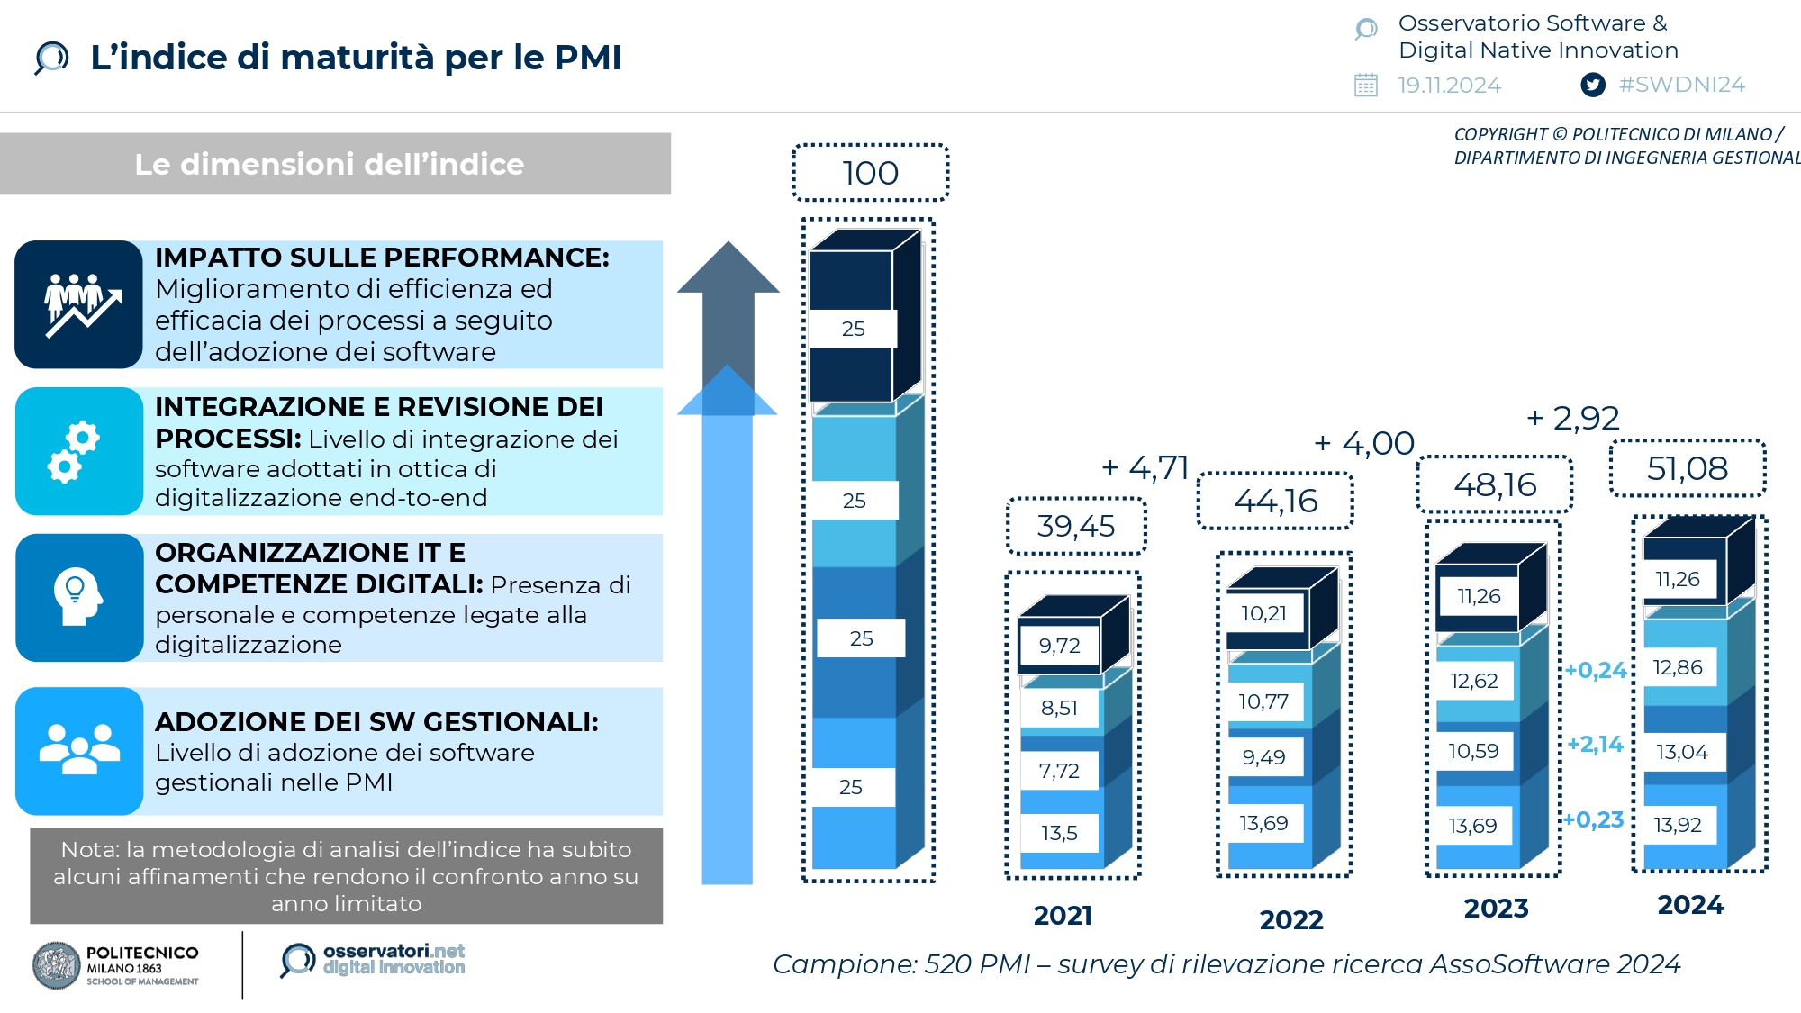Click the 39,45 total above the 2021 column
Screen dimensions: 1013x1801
(x=1076, y=526)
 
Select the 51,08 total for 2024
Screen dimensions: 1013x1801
(x=1688, y=468)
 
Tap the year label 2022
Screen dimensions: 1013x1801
(x=1291, y=919)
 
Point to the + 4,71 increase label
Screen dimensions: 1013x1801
(x=1145, y=467)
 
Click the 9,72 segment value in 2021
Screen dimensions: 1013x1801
(x=1059, y=646)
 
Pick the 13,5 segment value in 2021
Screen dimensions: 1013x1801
(x=1059, y=833)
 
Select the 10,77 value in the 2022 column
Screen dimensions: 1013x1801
(x=1263, y=701)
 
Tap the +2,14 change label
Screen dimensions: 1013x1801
(x=1595, y=744)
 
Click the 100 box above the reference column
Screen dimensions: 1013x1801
(x=870, y=173)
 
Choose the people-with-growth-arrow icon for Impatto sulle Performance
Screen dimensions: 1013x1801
(x=79, y=304)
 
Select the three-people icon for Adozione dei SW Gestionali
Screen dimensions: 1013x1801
(x=79, y=750)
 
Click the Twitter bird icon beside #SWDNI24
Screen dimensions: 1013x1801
(x=1593, y=85)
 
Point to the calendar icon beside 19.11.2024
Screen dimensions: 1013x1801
(x=1366, y=85)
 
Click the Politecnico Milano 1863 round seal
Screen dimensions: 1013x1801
(x=56, y=965)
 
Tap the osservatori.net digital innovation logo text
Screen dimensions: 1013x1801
(x=394, y=959)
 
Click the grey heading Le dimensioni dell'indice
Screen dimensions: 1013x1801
(x=330, y=164)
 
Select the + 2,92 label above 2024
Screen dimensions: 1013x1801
(x=1573, y=418)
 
